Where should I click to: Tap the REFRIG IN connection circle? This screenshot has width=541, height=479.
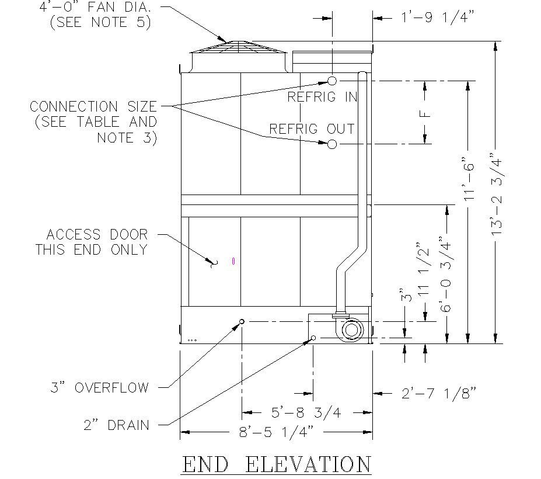coord(331,81)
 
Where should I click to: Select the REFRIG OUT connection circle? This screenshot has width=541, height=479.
coord(331,144)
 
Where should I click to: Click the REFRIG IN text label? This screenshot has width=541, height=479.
coord(322,97)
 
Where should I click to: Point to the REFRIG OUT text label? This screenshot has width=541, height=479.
coord(312,129)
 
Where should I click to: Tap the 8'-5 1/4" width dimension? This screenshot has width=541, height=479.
coord(276,432)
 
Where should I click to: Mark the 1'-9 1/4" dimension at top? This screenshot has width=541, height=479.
coord(433,18)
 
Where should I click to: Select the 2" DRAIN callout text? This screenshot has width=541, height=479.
coord(116,425)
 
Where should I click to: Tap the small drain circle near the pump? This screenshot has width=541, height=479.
coord(313,338)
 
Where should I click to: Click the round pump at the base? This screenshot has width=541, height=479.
coord(352,331)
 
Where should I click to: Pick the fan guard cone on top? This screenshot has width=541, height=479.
coord(238,47)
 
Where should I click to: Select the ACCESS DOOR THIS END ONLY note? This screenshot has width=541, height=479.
coord(92,242)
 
